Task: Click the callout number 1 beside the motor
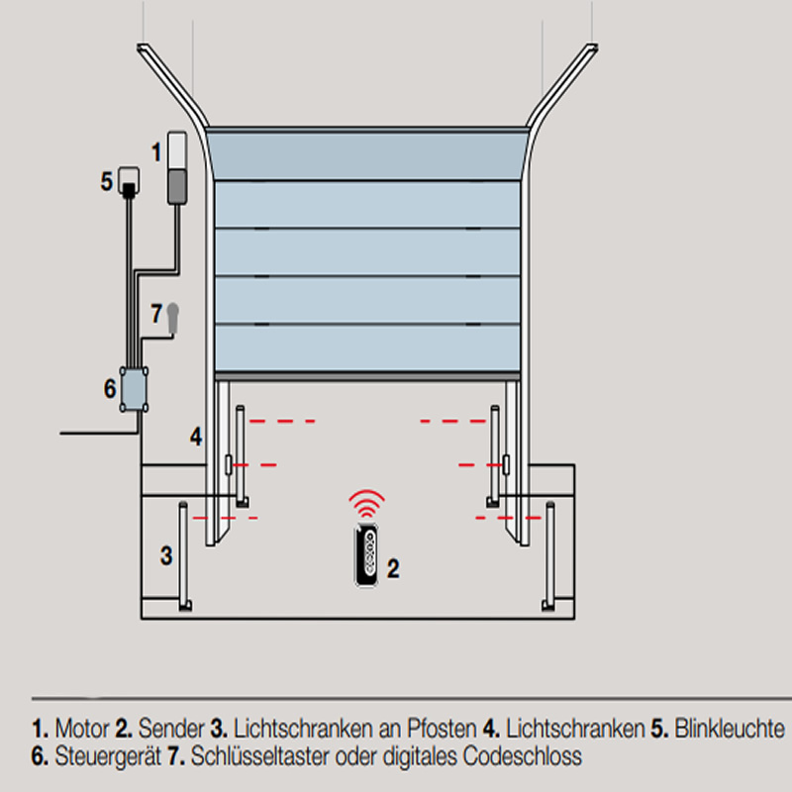pyautogui.click(x=156, y=152)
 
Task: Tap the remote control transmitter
pyautogui.click(x=366, y=555)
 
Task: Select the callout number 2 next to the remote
pyautogui.click(x=393, y=568)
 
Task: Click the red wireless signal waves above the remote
pyautogui.click(x=366, y=503)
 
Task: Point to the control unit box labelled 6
pyautogui.click(x=134, y=389)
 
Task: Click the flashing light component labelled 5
pyautogui.click(x=129, y=181)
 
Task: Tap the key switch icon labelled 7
pyautogui.click(x=172, y=318)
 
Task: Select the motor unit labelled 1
pyautogui.click(x=177, y=168)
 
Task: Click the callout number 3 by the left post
pyautogui.click(x=166, y=555)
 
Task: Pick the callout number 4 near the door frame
pyautogui.click(x=196, y=437)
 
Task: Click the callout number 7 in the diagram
pyautogui.click(x=156, y=314)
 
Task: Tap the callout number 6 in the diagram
pyautogui.click(x=110, y=388)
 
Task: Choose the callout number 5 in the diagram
pyautogui.click(x=106, y=181)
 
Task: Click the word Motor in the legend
pyautogui.click(x=82, y=729)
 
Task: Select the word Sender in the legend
pyautogui.click(x=171, y=729)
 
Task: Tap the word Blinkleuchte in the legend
pyautogui.click(x=730, y=729)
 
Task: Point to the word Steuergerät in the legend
pyautogui.click(x=108, y=756)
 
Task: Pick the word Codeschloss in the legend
pyautogui.click(x=523, y=756)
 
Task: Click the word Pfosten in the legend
pyautogui.click(x=442, y=729)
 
